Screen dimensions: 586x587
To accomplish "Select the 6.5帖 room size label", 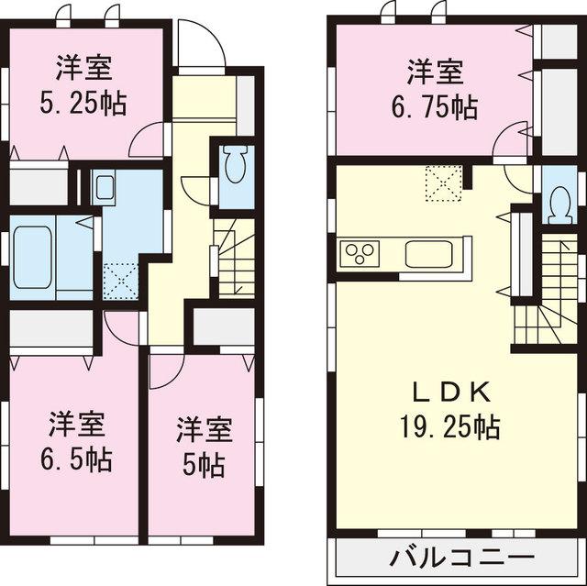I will (x=78, y=459).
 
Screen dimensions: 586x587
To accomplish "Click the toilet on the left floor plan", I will (x=234, y=167).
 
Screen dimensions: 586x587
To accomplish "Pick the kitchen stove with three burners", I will (x=360, y=253).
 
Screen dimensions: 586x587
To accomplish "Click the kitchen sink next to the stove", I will (x=428, y=253).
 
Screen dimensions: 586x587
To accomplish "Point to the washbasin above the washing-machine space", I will (x=104, y=189).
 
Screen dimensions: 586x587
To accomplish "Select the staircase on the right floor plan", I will (x=542, y=293).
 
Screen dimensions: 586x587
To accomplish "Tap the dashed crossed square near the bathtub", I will (x=119, y=278).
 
